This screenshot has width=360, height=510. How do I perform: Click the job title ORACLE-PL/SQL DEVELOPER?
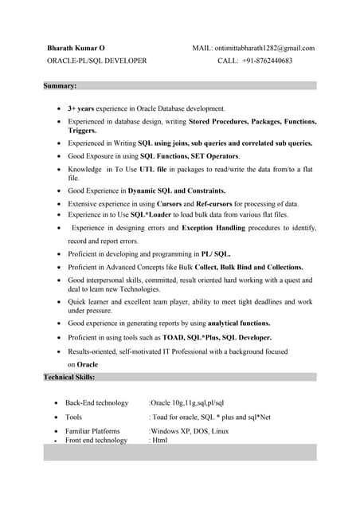(96, 61)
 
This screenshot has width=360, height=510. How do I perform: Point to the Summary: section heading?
(61, 85)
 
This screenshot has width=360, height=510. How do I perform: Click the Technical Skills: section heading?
(69, 376)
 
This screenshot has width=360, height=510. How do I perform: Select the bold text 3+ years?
(83, 108)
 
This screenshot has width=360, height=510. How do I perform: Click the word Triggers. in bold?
(82, 131)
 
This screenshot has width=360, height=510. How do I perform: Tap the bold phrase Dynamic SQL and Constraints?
(177, 191)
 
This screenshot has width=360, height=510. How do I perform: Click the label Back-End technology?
(96, 403)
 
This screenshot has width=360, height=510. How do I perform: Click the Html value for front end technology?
(158, 440)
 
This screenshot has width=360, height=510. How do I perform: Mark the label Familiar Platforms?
(92, 431)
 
